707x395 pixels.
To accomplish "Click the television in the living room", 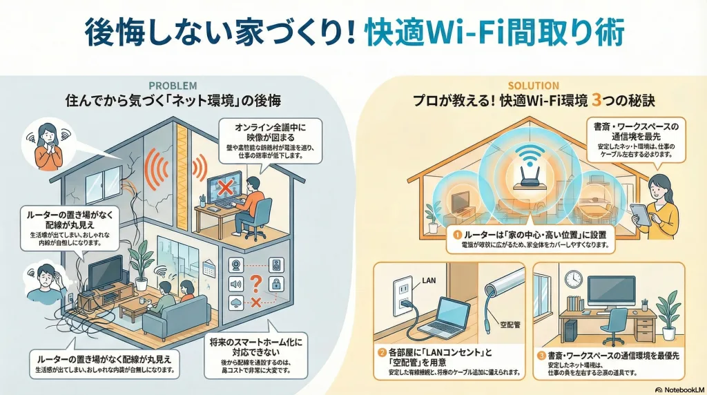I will pyautogui.click(x=105, y=273).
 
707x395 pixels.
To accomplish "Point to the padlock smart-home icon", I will pyautogui.click(x=275, y=284).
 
